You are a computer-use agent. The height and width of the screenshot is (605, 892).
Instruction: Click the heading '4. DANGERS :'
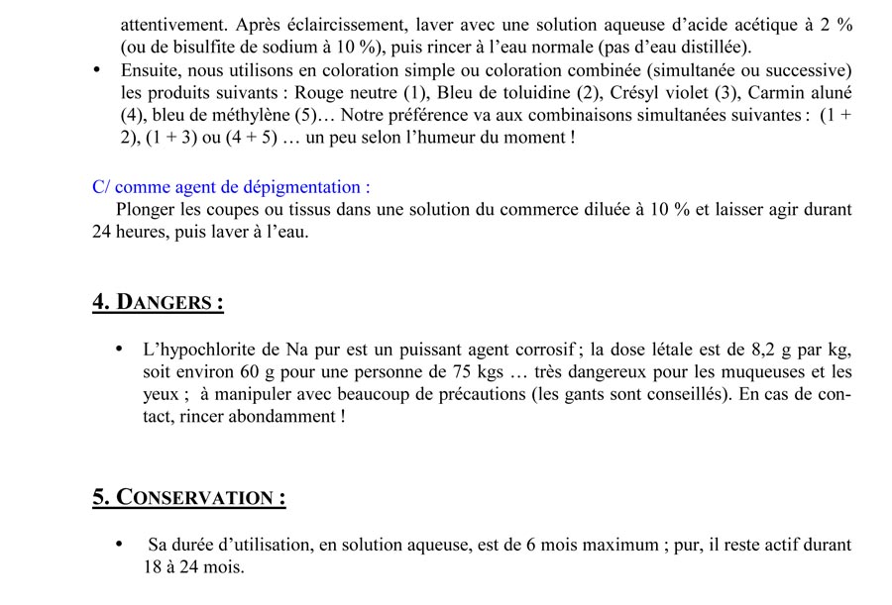click(158, 302)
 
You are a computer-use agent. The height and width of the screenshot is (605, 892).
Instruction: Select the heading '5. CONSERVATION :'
click(189, 497)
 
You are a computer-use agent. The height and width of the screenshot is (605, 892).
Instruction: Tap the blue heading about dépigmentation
click(232, 187)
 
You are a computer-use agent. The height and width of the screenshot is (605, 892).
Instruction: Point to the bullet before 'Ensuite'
click(96, 70)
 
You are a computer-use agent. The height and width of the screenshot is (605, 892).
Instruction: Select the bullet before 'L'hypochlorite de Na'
click(120, 350)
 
